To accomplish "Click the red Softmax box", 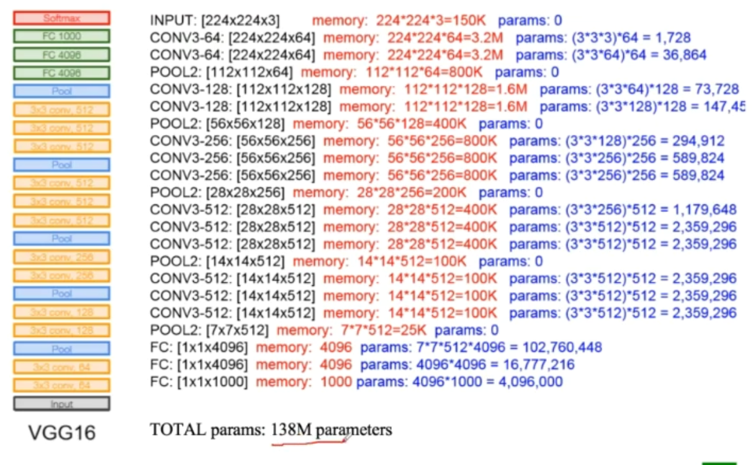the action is tap(61, 18).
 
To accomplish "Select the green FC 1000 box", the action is tap(61, 36).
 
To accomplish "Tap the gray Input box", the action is tap(61, 404).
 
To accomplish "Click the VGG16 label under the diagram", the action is tap(62, 433).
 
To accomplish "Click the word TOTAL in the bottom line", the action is tap(172, 430).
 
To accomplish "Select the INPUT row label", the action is tap(173, 21).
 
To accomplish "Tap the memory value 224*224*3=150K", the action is tap(431, 21).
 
